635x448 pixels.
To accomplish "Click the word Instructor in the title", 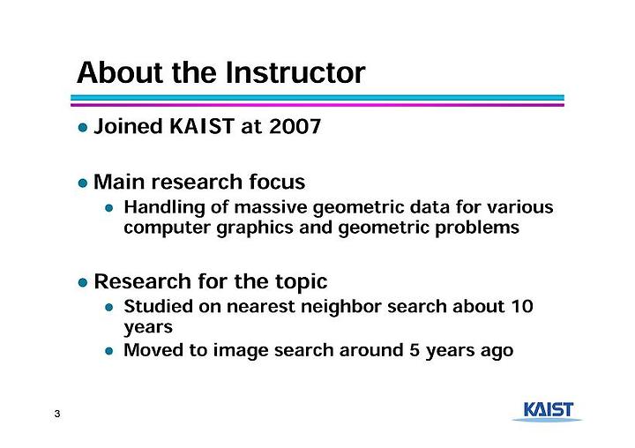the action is coord(295,73).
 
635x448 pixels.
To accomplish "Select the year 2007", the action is coord(295,126).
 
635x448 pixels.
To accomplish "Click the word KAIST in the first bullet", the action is coord(202,126).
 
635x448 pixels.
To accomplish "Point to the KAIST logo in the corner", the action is coord(547,412).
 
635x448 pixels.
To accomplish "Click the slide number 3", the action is coord(57,414).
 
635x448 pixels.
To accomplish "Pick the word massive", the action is coord(271,207).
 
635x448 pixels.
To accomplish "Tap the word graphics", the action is coord(255,228).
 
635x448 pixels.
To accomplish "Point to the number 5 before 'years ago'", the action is coord(414,350).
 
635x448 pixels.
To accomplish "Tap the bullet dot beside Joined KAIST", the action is coord(83,128).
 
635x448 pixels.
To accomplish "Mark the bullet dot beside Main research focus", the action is coord(83,183).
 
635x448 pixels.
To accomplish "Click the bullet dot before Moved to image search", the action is coord(109,351).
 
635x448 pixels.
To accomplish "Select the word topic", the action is coord(302,282).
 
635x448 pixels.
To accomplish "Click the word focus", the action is coord(277,182).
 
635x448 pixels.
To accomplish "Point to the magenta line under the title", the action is coord(317,105).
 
